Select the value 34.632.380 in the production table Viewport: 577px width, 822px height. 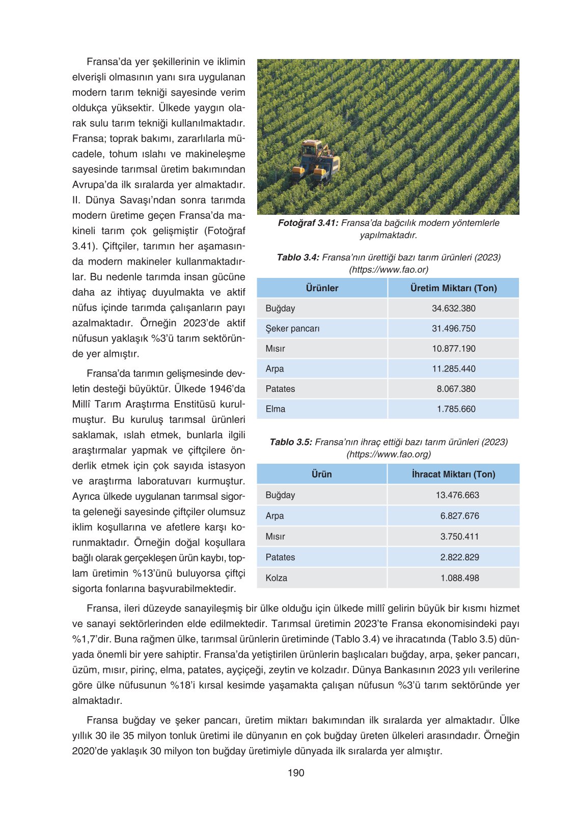click(x=453, y=308)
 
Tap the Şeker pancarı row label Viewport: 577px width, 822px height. click(x=292, y=329)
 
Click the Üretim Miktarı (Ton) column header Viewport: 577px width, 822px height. click(x=453, y=288)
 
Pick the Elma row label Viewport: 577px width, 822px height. click(x=275, y=409)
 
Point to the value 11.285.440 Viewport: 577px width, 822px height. click(x=453, y=369)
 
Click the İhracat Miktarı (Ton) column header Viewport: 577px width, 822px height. click(x=453, y=474)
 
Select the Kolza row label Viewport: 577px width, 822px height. click(x=276, y=578)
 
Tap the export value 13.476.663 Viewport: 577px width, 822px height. click(x=457, y=495)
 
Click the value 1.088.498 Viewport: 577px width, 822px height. click(x=459, y=578)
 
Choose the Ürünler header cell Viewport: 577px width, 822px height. click(x=322, y=288)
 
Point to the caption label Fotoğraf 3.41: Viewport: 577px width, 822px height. click(x=308, y=223)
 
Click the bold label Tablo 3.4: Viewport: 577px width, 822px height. click(x=298, y=258)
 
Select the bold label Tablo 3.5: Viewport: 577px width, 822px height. click(x=290, y=442)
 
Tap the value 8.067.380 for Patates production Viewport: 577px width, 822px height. click(x=456, y=389)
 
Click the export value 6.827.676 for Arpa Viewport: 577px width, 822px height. click(x=459, y=516)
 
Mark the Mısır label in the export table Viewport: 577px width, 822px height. click(x=275, y=537)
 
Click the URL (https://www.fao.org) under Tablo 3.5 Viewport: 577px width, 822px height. click(x=389, y=455)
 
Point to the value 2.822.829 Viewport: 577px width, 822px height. click(x=459, y=557)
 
